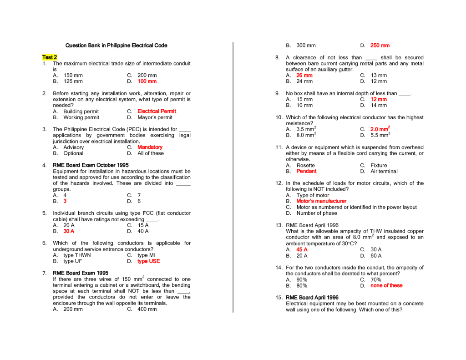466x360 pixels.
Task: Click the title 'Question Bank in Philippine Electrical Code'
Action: point(116,46)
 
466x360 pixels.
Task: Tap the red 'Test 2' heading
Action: point(50,57)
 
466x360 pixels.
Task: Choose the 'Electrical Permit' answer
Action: point(157,111)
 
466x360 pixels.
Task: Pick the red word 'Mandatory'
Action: point(150,147)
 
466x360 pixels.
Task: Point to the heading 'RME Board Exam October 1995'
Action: point(91,165)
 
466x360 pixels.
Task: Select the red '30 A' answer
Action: point(69,231)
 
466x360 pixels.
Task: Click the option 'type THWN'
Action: point(77,255)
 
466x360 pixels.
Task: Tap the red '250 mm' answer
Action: point(380,46)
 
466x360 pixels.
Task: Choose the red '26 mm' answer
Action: point(304,76)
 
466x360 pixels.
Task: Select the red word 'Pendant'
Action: point(306,172)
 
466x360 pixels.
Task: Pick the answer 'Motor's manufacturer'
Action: point(321,201)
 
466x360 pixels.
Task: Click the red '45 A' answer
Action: point(302,250)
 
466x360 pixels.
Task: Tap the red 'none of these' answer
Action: point(386,286)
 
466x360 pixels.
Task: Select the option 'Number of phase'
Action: point(317,213)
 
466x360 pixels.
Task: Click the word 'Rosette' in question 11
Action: point(305,166)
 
